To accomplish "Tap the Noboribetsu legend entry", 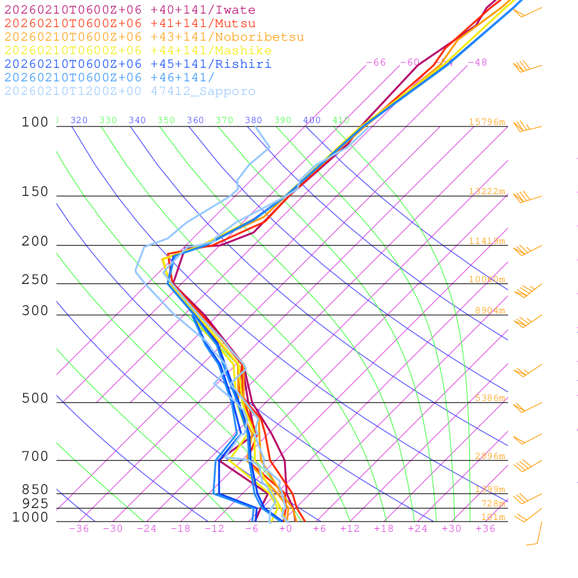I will [154, 37].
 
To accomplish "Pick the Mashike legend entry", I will [138, 51].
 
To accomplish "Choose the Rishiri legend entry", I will [138, 64].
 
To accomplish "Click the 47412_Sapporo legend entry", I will [130, 91].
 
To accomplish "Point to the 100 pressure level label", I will [35, 122].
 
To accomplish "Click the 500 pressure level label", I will [35, 399].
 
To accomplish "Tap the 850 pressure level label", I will [35, 489].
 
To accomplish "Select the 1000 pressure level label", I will [30, 517].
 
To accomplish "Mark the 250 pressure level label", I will [35, 280].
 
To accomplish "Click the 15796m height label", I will [487, 122].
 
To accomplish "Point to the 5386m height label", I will [489, 398].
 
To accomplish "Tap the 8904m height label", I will [489, 310].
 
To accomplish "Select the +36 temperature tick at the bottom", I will [485, 529].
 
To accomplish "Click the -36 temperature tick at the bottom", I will [78, 529].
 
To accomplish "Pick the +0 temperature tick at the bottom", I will [285, 529].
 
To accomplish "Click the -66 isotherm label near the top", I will [376, 63].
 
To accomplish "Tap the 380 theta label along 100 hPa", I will [253, 120].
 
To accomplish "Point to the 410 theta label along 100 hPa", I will [341, 120].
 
